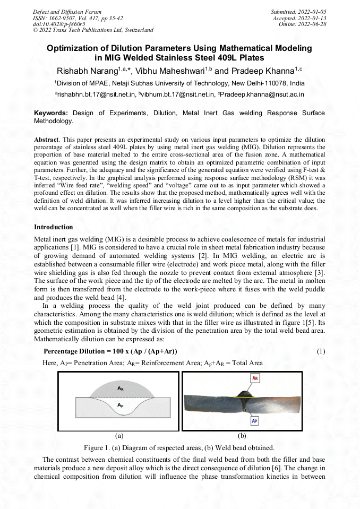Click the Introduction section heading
click(x=54, y=227)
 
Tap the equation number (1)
click(x=321, y=351)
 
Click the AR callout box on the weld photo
click(x=255, y=378)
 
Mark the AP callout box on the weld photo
click(x=255, y=420)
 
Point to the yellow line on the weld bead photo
click(x=244, y=396)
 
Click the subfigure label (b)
click(x=242, y=436)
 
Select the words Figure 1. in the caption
click(x=98, y=447)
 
